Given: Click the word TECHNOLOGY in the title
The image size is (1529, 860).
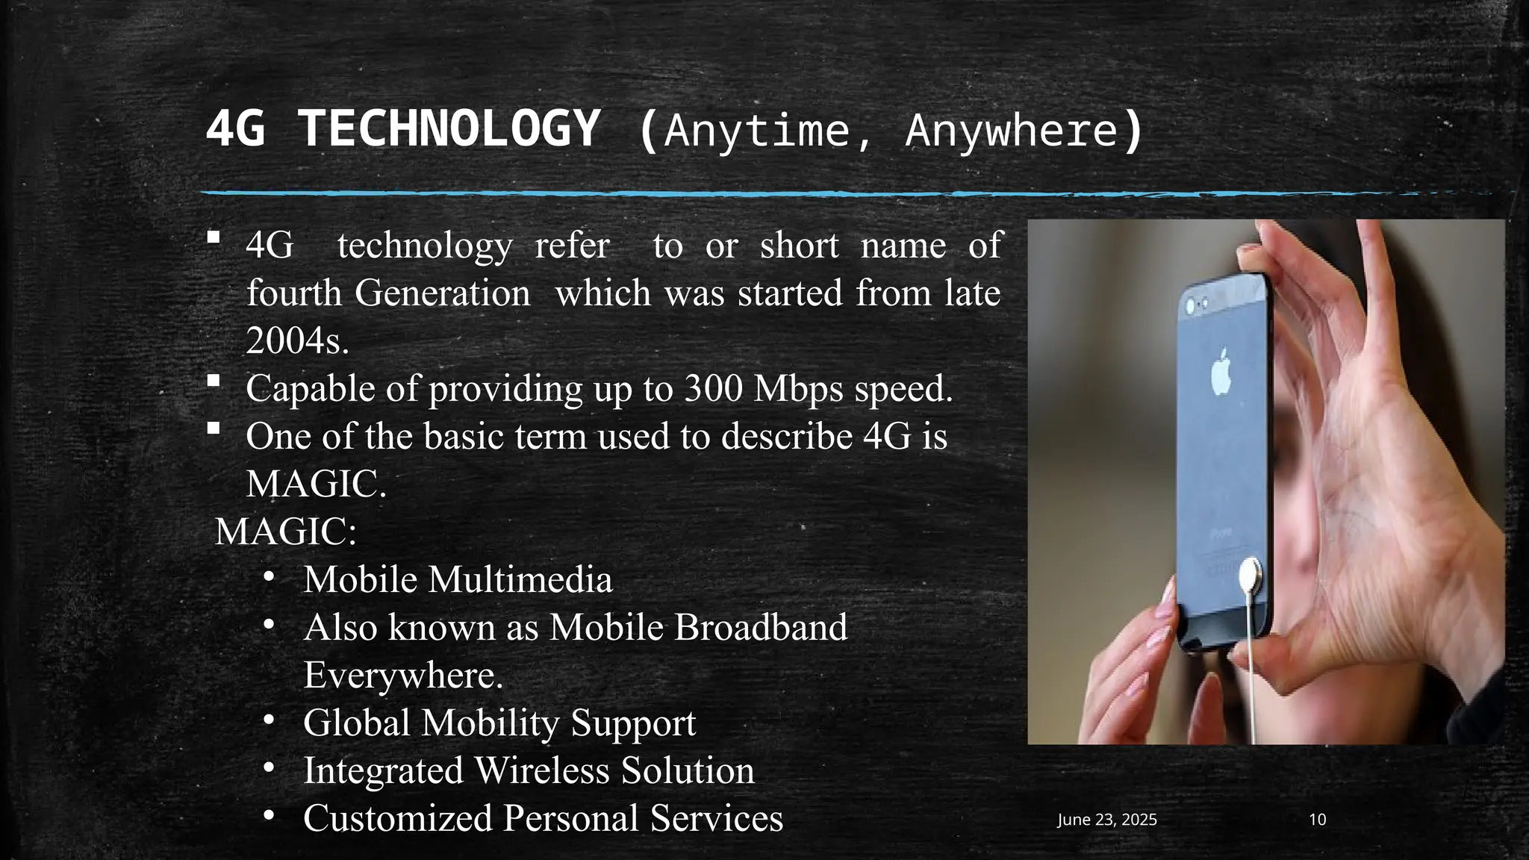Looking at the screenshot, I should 449,129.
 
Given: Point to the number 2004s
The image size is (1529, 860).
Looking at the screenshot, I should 297,341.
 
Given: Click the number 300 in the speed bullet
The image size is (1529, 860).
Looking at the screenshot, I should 712,388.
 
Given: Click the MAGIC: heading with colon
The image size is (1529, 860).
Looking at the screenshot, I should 286,532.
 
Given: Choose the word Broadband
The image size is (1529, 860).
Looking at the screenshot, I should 761,627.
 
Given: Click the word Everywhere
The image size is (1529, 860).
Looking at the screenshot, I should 402,675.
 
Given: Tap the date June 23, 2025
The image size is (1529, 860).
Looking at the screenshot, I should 1106,820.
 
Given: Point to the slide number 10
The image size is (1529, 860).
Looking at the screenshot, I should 1317,820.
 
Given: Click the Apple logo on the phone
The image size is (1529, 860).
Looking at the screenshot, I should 1221,370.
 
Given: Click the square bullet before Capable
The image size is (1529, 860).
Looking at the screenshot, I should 214,381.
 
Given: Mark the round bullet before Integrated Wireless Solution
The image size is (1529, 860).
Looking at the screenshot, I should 269,767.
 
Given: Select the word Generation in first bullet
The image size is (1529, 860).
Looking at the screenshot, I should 442,293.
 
